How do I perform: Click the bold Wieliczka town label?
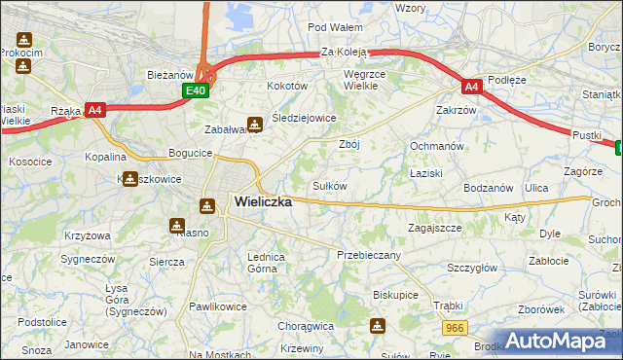point(263,201)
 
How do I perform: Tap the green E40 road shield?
point(197,90)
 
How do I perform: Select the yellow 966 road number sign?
point(454,330)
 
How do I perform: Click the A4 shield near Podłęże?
point(471,87)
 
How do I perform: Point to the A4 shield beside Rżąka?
point(95,110)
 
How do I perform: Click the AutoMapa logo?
point(558,342)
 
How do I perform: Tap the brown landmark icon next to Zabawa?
point(254,124)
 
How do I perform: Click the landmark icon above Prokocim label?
point(23,40)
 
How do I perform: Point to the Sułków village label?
point(329,185)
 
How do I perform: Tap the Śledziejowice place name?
point(304,118)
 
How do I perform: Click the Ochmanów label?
point(435,145)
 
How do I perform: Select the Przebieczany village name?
point(369,254)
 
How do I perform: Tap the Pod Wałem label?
point(335,27)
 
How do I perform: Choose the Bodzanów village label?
point(488,187)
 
